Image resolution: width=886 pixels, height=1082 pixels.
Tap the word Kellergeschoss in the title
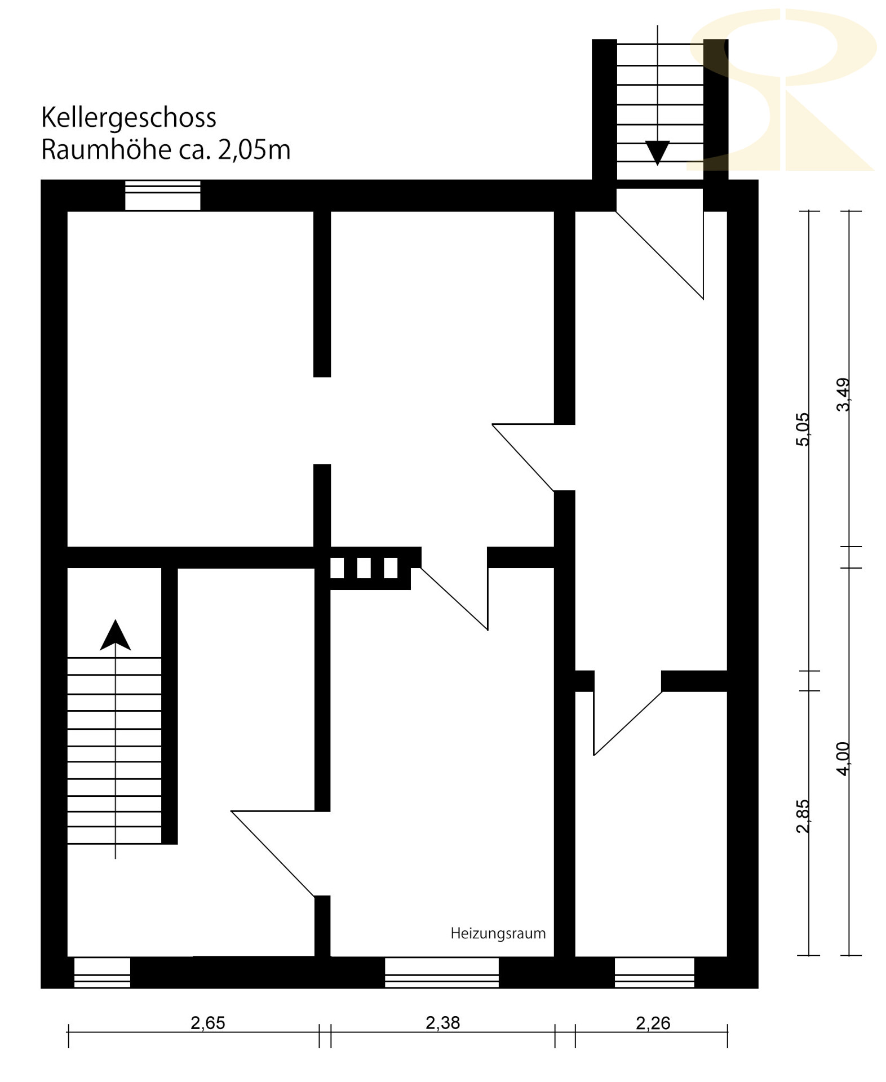coord(129,118)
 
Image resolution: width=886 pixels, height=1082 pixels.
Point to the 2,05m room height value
coord(254,150)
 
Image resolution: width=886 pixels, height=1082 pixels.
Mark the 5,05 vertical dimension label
coord(803,429)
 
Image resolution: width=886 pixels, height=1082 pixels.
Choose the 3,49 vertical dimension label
coord(843,394)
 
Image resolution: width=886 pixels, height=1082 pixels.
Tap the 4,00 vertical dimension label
coord(843,759)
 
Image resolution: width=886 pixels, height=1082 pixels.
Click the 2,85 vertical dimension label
coord(803,815)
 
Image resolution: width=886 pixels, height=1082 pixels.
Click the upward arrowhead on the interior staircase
coord(116,636)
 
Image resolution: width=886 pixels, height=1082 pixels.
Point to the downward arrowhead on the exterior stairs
coord(657,152)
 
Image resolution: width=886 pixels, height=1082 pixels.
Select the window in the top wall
coord(162,196)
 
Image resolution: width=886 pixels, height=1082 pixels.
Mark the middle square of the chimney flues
coord(364,568)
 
